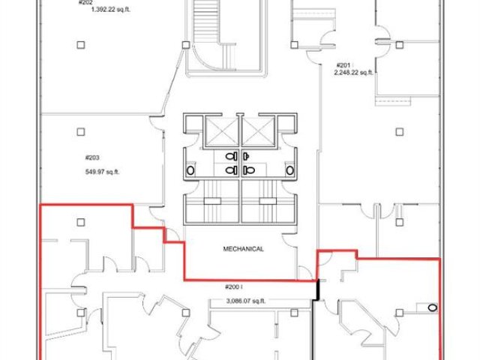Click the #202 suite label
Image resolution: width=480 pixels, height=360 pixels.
85,2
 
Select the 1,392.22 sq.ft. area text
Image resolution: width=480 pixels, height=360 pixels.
111,10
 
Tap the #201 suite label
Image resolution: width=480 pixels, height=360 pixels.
343,65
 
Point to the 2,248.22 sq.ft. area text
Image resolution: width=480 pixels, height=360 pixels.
353,73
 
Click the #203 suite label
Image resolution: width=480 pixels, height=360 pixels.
92,157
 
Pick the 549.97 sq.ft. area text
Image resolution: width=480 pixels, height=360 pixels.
102,172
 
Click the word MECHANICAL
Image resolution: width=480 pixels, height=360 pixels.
243,249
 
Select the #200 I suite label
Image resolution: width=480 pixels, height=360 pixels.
234,286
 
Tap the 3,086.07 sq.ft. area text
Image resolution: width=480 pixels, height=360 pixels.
246,301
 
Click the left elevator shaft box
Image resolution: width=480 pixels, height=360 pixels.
222,131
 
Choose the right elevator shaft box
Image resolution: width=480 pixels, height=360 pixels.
258,131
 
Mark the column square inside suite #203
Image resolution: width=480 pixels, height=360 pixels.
81,132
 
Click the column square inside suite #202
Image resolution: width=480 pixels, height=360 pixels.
81,45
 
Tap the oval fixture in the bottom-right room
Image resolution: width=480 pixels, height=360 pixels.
432,307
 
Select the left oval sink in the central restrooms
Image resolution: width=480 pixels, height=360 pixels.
190,170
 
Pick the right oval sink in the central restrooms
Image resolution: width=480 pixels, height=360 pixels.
290,170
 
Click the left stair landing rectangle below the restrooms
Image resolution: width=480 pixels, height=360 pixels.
212,201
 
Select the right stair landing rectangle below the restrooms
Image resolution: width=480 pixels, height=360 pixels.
268,201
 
